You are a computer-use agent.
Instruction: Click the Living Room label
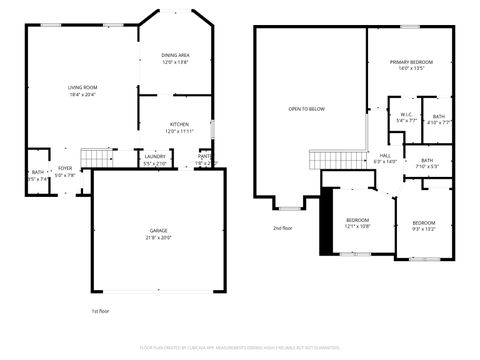coord(82,90)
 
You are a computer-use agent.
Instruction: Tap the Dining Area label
coord(176,58)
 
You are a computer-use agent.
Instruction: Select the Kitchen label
coord(179,127)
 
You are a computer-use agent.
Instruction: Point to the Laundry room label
coord(154,158)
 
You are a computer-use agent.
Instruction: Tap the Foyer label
coord(65,171)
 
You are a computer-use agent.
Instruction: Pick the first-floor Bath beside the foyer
coord(37,175)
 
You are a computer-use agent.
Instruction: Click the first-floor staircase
coord(95,157)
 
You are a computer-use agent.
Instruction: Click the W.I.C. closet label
coord(407,117)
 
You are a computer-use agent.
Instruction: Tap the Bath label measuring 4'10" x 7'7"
coord(439,119)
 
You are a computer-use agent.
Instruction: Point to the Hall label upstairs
coord(385,158)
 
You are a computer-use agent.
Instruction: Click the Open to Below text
coord(306,108)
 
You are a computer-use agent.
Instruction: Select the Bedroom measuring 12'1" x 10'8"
coord(358,222)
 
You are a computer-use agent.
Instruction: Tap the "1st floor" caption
coord(100,311)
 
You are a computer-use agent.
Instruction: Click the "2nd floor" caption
coord(283,228)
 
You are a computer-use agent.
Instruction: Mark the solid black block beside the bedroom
coord(324,222)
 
